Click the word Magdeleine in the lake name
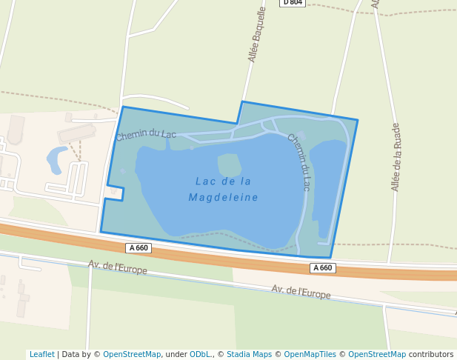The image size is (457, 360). [223, 198]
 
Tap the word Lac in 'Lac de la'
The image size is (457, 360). [205, 181]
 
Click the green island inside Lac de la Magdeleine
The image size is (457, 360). [230, 164]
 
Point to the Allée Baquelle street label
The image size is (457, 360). [257, 35]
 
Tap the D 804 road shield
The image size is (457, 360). [292, 2]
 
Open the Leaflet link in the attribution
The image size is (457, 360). [41, 354]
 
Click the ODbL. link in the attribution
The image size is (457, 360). [200, 354]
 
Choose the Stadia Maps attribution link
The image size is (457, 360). [249, 354]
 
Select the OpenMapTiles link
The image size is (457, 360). [310, 354]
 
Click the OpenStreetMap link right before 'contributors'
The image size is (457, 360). [377, 354]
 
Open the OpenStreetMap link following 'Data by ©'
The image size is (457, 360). [132, 354]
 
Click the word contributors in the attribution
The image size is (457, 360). [431, 354]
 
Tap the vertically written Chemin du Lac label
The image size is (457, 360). [298, 162]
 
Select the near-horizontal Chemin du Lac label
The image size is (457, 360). [146, 134]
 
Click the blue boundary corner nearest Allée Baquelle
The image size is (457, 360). [242, 102]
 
